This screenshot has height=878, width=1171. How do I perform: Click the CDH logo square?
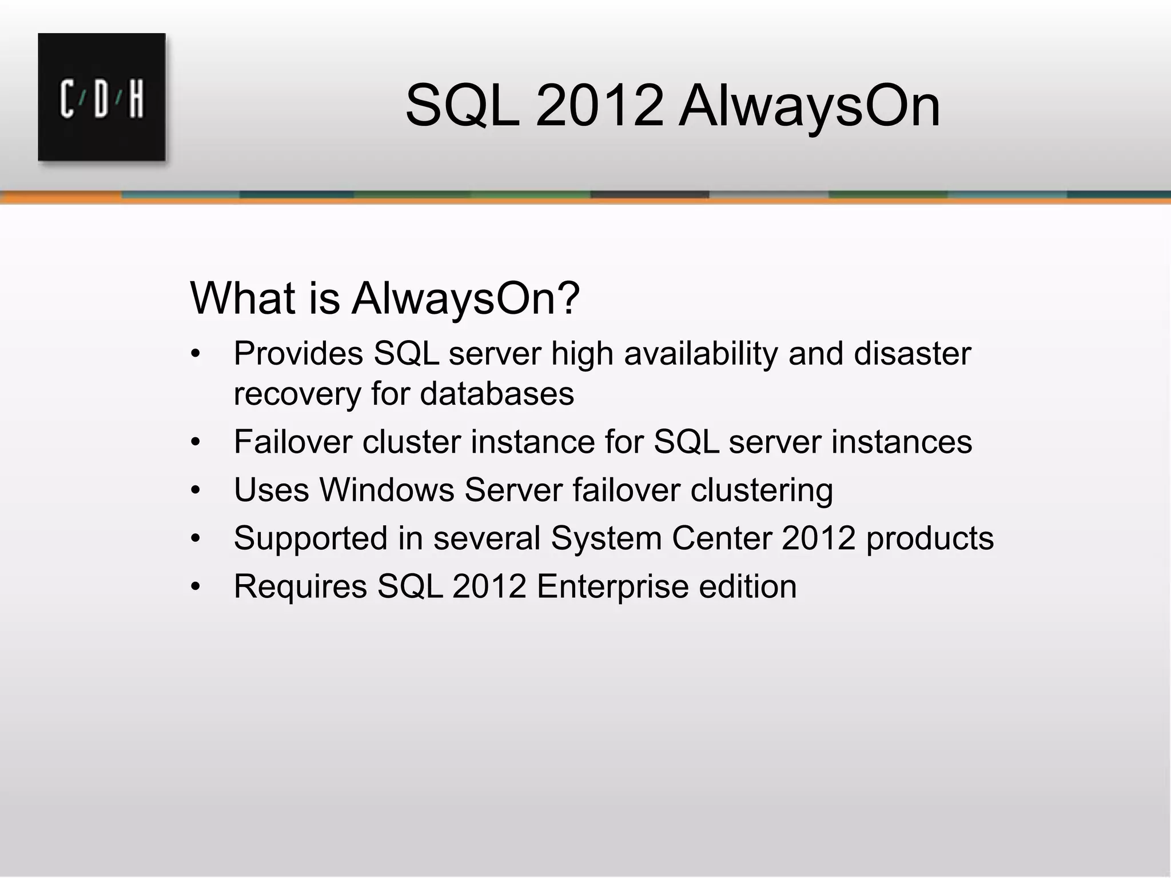pyautogui.click(x=102, y=97)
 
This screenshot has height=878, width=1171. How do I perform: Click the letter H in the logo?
pyautogui.click(x=136, y=100)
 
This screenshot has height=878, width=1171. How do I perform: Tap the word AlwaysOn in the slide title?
pyautogui.click(x=809, y=106)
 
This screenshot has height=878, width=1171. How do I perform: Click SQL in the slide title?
pyautogui.click(x=463, y=106)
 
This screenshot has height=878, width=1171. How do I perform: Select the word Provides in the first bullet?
pyautogui.click(x=298, y=354)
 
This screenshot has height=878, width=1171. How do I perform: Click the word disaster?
pyautogui.click(x=912, y=354)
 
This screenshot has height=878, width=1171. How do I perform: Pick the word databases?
pyautogui.click(x=497, y=394)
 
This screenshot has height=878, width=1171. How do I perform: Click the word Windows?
pyautogui.click(x=387, y=490)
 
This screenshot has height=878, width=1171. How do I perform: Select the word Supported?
pyautogui.click(x=311, y=538)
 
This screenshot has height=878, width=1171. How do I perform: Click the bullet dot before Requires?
pyautogui.click(x=196, y=587)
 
